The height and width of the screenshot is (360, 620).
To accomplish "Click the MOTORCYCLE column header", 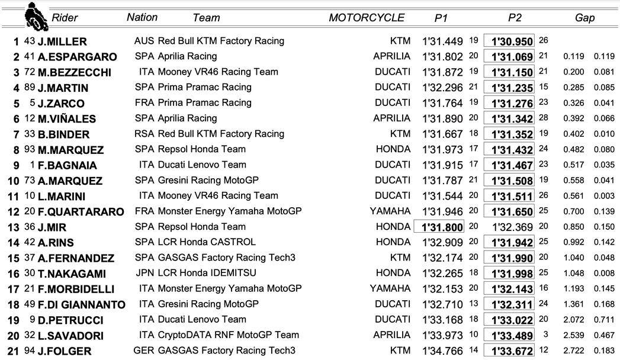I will (367, 18).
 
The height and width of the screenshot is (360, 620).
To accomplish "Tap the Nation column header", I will (142, 17).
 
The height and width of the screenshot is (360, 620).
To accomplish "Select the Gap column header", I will (584, 18).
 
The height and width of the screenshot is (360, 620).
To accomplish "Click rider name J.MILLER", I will (62, 41).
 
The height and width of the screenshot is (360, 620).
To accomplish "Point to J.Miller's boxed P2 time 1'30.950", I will (509, 41).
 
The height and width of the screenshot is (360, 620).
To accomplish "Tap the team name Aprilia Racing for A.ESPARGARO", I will (187, 56).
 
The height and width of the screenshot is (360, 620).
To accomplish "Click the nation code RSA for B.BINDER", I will (144, 134).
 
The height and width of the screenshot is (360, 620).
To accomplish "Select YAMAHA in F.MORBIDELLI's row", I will (390, 288).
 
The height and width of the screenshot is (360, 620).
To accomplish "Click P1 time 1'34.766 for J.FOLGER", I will (442, 351).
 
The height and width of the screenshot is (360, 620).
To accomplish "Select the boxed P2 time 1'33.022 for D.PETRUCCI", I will (509, 320).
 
